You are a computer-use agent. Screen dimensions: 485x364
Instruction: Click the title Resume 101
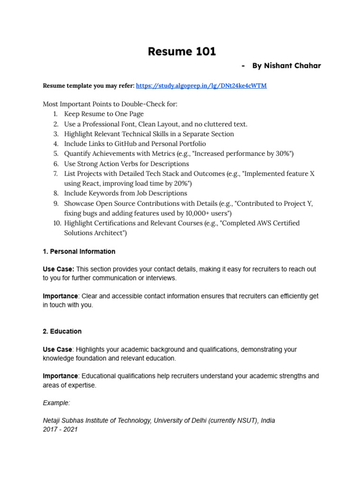click(182, 51)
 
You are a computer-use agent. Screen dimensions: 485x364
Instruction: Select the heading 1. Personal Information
click(79, 251)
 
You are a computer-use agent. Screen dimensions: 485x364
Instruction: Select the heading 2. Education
click(62, 331)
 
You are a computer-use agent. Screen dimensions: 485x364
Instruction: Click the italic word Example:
click(56, 403)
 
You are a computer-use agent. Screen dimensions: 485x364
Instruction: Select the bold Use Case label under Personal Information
click(58, 269)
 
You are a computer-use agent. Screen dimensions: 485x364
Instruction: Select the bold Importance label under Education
click(60, 376)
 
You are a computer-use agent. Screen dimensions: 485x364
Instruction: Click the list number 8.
click(55, 193)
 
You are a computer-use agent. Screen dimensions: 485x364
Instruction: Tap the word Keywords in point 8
click(103, 193)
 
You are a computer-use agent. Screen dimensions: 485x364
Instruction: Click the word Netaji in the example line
click(53, 421)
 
